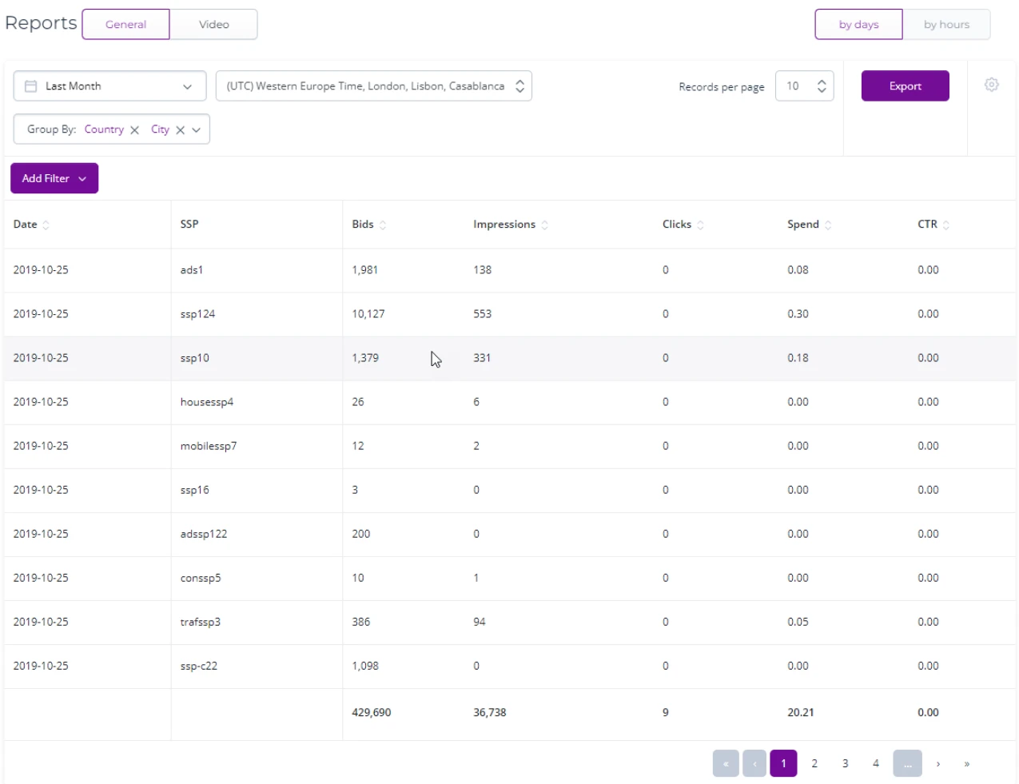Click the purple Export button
(905, 86)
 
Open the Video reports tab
(213, 25)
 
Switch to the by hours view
(946, 25)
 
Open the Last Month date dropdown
(109, 86)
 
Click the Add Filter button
(54, 178)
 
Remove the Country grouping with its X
(134, 130)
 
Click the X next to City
(180, 130)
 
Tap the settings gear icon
(991, 85)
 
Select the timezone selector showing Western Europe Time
(374, 86)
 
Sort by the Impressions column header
(504, 224)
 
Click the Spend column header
(803, 224)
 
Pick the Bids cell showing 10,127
(368, 314)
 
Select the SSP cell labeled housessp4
(207, 402)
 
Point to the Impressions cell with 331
(482, 358)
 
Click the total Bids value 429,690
(371, 712)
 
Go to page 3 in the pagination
(845, 763)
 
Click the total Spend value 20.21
(801, 712)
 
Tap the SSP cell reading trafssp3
(201, 622)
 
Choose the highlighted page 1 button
(783, 763)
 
